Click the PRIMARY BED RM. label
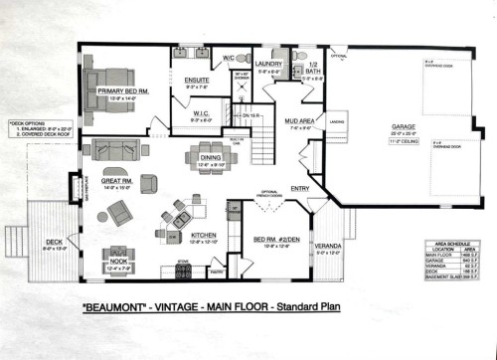[124, 91]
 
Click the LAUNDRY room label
[269, 65]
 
